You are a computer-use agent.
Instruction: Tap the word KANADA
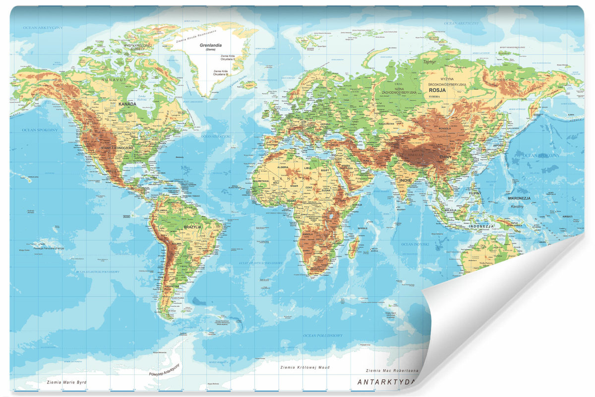coord(127,104)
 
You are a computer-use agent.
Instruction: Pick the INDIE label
coord(405,180)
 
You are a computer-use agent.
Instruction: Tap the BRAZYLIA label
coord(192,227)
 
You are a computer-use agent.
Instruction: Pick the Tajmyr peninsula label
coord(429,63)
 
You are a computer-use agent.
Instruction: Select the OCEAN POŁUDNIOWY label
coord(323,336)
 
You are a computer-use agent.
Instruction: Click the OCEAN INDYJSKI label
coord(414,244)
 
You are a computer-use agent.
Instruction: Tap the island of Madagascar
coord(354,246)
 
